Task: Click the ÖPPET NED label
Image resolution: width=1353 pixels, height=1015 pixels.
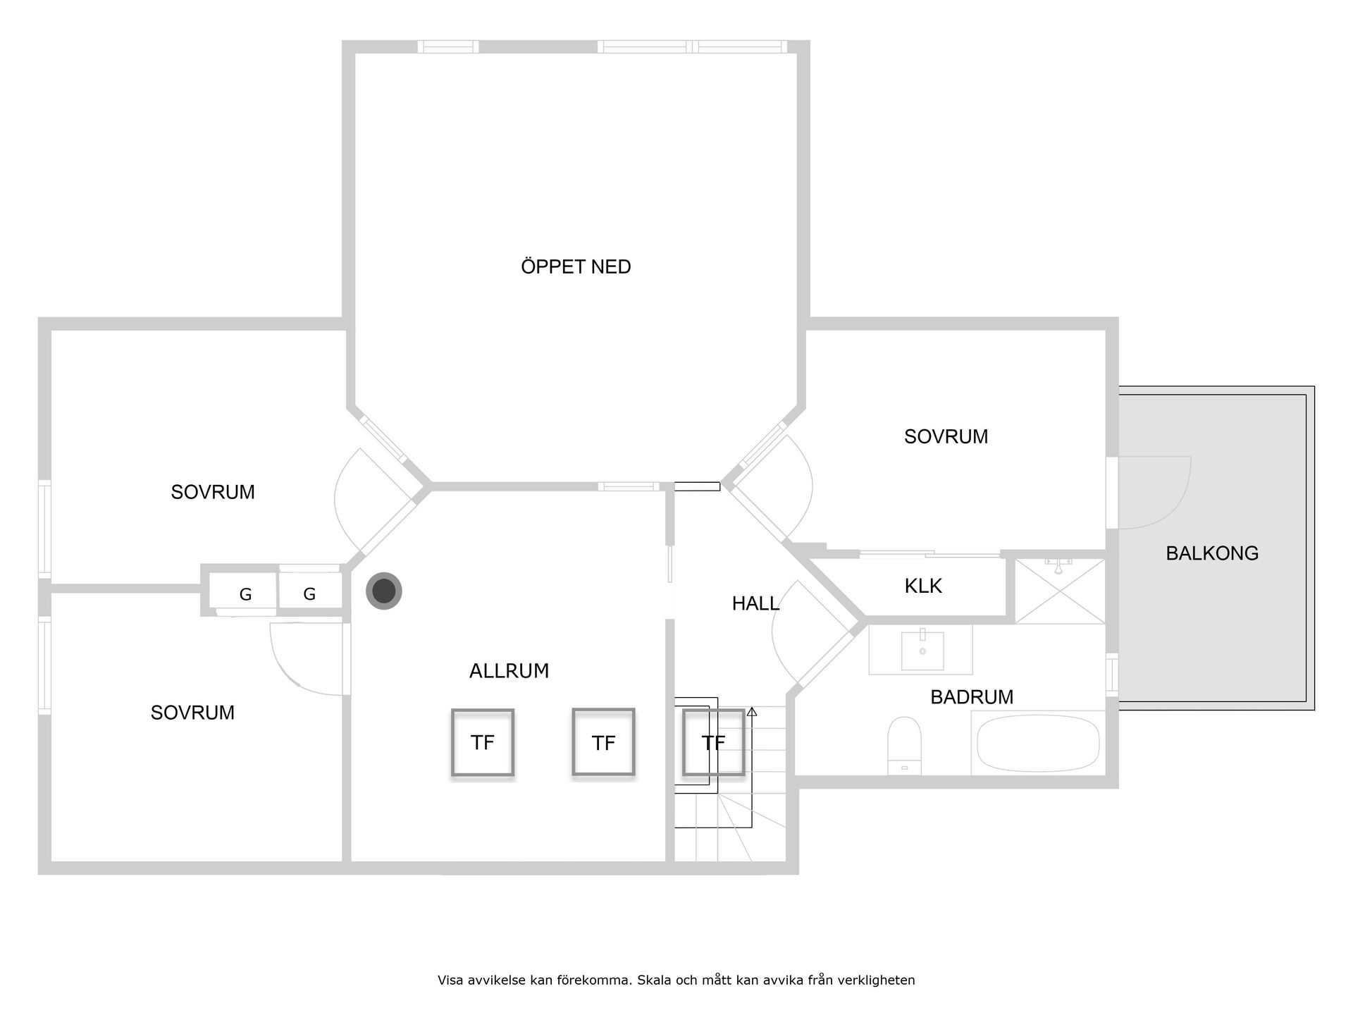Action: tap(576, 266)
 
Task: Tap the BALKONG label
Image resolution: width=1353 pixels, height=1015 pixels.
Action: tap(1212, 553)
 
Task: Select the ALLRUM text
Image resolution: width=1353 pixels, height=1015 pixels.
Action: tap(509, 670)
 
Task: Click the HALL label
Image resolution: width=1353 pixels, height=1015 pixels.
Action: tap(755, 603)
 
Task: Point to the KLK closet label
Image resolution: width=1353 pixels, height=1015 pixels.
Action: tap(923, 586)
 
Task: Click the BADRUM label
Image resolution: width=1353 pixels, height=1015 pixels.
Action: tap(972, 697)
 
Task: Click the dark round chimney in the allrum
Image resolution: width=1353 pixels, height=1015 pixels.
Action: tap(384, 591)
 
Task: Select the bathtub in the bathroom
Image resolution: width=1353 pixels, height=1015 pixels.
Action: tap(1037, 743)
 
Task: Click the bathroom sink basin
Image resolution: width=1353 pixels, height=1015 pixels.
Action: tap(922, 650)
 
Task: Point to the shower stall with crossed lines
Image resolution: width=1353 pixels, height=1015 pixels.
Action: tap(1060, 591)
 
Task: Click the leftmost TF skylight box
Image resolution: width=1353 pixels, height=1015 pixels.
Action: tap(483, 742)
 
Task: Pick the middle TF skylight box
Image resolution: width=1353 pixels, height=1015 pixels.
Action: tap(603, 742)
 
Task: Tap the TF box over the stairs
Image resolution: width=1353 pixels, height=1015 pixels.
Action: tap(713, 742)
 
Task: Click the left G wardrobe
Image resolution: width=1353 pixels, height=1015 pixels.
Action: tap(245, 593)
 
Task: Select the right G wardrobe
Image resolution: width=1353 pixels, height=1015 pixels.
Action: tap(309, 593)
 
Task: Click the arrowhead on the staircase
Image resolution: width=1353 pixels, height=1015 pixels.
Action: tap(752, 712)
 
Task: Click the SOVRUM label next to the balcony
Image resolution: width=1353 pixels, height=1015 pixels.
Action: tap(946, 436)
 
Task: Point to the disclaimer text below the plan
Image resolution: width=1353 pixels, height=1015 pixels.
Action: tap(676, 980)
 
